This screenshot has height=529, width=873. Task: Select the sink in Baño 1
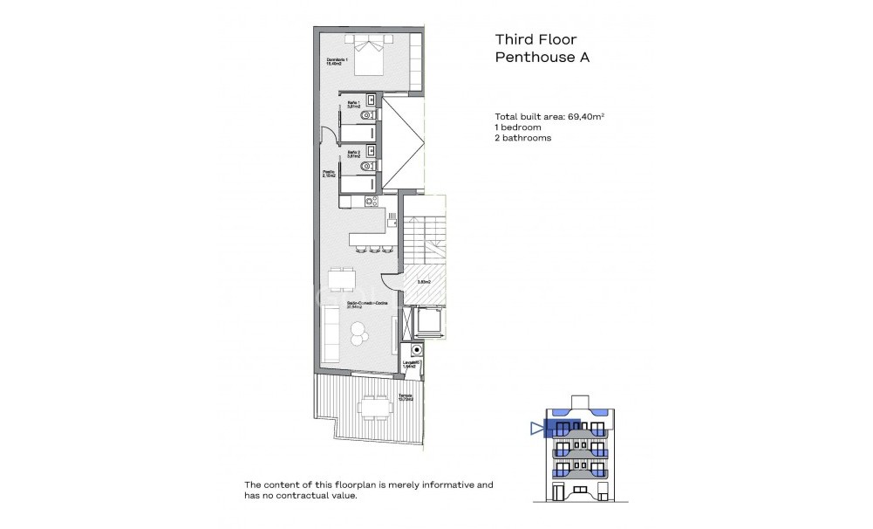371,99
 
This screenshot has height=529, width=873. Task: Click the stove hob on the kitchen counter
372,202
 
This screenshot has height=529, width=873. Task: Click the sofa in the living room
332,338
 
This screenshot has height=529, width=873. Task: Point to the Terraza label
405,396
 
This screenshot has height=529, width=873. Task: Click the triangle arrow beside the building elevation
535,428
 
